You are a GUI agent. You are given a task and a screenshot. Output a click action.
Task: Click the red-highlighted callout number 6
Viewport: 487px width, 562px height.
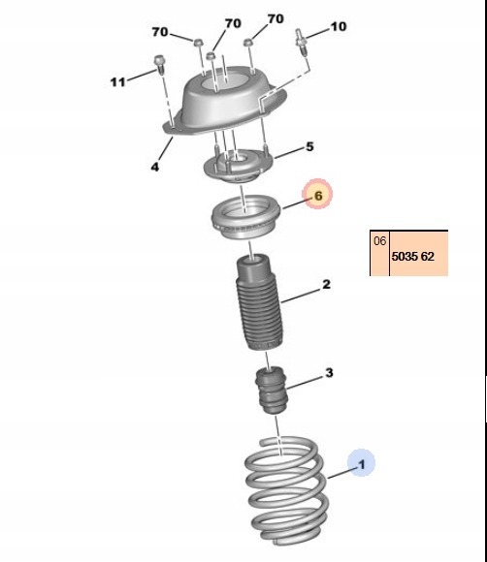318,196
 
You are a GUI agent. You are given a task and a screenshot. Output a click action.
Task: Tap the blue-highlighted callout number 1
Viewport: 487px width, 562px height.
362,464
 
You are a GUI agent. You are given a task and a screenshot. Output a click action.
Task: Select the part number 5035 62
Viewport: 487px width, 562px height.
412,256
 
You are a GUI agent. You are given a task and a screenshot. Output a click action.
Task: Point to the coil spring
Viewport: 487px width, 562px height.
286,490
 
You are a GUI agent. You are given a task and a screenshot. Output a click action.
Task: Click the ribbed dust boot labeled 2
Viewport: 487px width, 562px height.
258,302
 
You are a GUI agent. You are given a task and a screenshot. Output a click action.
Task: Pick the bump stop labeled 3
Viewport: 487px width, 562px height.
272,390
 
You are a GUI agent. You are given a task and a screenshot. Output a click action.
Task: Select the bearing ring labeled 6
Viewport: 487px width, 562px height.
245,217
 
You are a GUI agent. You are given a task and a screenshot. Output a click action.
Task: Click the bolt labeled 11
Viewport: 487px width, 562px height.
158,65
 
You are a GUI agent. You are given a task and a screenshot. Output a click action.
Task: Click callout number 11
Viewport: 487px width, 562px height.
117,82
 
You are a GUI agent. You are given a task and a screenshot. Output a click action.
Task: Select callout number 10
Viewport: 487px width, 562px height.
338,26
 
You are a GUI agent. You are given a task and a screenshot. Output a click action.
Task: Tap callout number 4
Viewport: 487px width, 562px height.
154,167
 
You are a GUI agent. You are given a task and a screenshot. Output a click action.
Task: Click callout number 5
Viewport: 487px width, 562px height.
309,146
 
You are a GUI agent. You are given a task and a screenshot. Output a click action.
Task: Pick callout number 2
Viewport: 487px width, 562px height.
326,284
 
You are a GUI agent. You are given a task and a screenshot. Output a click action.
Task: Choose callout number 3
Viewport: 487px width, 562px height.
329,373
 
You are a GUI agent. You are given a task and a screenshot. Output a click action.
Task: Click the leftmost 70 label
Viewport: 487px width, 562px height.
160,32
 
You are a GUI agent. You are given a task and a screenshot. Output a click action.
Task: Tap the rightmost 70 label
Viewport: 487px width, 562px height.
276,18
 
